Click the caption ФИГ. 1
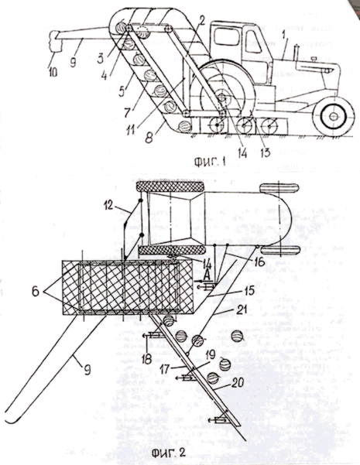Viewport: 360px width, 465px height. click(210, 162)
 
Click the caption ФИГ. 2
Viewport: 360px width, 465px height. click(169, 453)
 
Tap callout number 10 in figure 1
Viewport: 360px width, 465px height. click(53, 72)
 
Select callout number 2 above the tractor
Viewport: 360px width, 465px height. click(202, 21)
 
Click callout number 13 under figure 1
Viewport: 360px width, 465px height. click(265, 152)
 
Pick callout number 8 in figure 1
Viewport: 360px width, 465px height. click(149, 138)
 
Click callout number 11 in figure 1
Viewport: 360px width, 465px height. click(131, 129)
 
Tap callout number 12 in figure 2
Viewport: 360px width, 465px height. click(109, 205)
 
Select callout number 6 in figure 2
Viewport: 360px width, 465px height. click(36, 292)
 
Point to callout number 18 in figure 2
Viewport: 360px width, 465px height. click(146, 359)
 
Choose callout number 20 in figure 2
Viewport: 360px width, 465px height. click(238, 382)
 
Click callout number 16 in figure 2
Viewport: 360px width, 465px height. click(259, 262)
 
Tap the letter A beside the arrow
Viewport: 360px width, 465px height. click(207, 275)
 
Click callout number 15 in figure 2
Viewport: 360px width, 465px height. click(249, 291)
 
